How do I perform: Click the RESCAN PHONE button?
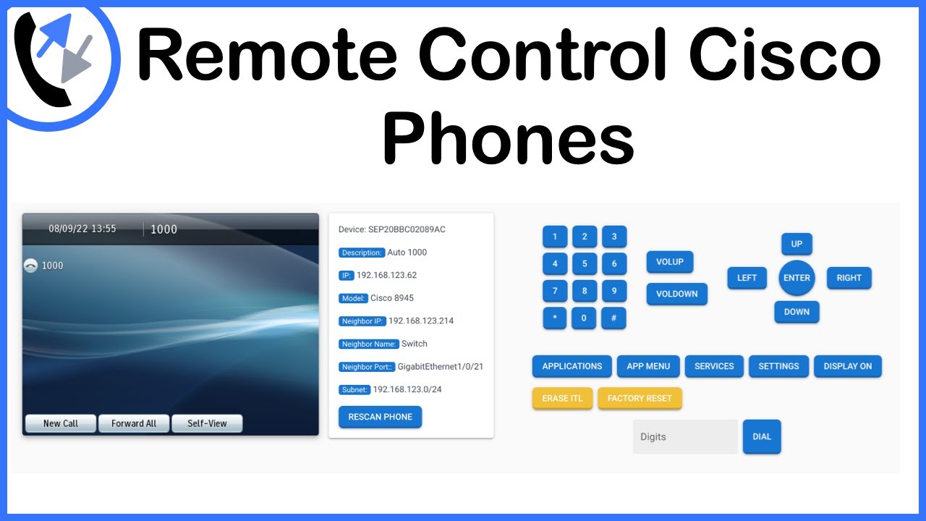tap(380, 417)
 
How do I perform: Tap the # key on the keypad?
tap(614, 318)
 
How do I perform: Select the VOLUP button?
tap(670, 262)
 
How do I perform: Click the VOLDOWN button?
tap(676, 294)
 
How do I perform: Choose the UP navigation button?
tap(797, 244)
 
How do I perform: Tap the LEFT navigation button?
tap(747, 278)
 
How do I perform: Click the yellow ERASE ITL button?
tap(562, 398)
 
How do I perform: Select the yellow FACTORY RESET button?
tap(640, 398)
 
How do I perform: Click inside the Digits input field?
tap(685, 437)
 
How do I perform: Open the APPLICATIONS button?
tap(572, 366)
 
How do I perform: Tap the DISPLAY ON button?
tap(847, 366)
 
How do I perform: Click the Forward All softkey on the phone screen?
tap(134, 423)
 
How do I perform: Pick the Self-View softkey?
tap(207, 423)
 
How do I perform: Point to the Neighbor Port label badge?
tap(367, 367)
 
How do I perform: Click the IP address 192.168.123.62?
tap(386, 275)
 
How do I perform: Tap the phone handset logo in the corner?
tap(54, 58)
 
